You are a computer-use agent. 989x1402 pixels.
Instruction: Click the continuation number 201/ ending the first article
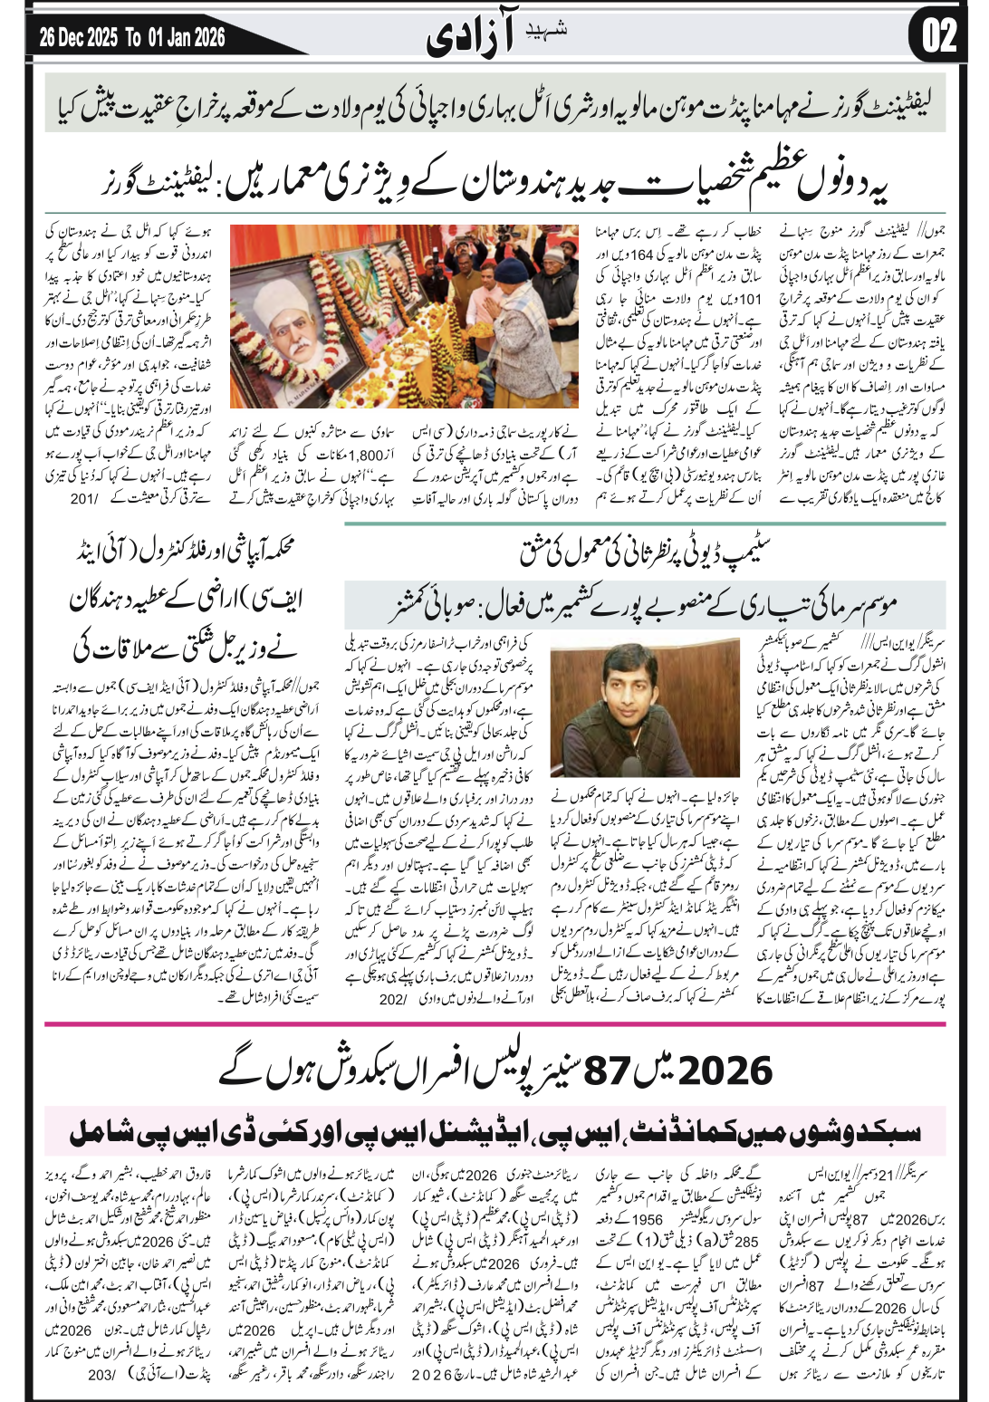click(82, 498)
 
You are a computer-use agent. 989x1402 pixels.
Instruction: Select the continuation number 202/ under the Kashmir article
click(395, 999)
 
